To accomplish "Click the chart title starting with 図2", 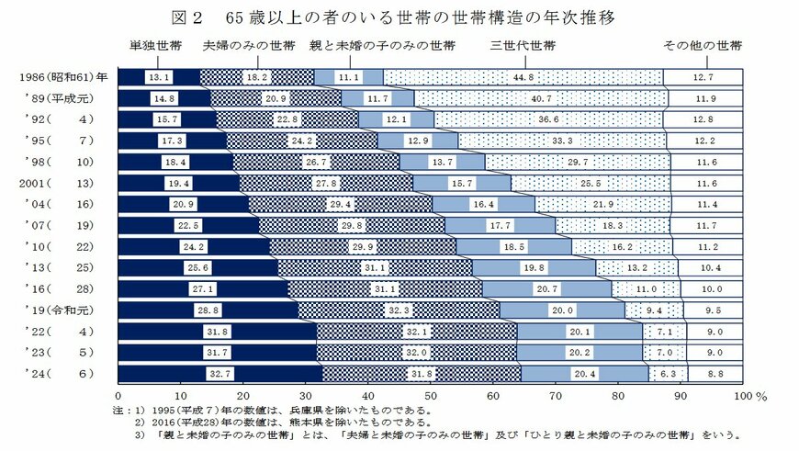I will coord(399,17).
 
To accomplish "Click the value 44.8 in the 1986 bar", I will coord(524,77).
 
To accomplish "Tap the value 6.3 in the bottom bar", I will coord(667,373).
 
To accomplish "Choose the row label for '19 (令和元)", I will coord(59,310).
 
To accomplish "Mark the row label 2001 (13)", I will coord(59,183).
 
